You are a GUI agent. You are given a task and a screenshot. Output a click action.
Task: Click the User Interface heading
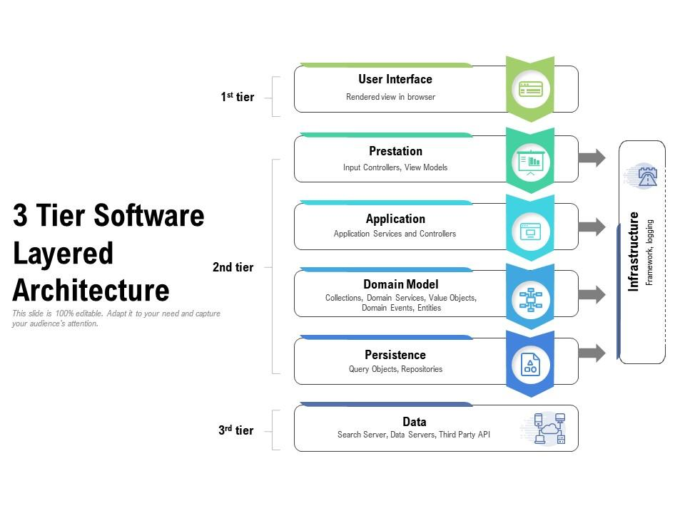(395, 79)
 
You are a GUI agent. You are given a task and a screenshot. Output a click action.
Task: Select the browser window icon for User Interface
(530, 89)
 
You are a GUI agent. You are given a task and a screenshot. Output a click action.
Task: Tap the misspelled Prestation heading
(395, 151)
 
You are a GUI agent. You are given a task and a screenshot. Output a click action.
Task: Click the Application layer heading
(395, 219)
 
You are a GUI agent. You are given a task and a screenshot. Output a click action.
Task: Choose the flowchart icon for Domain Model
(530, 299)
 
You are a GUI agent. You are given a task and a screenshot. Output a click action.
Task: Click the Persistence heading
(395, 355)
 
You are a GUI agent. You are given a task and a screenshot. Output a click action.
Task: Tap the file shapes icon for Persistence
(530, 364)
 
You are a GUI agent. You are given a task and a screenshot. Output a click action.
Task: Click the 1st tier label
(237, 97)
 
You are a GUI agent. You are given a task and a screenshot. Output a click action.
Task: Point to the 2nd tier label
(233, 268)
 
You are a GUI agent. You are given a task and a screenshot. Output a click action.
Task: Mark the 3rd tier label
(235, 430)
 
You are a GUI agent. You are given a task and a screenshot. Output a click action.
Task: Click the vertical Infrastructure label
(633, 252)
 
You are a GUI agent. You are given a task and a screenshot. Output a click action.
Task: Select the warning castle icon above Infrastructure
(646, 175)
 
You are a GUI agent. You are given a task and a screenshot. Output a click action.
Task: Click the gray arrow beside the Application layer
(592, 227)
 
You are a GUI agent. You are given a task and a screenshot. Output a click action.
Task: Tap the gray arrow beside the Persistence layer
(592, 352)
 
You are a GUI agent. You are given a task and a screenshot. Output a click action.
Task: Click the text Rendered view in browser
(390, 97)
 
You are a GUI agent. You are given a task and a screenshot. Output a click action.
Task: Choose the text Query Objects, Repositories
(395, 369)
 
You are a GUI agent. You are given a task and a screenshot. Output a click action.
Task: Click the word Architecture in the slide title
(91, 291)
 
